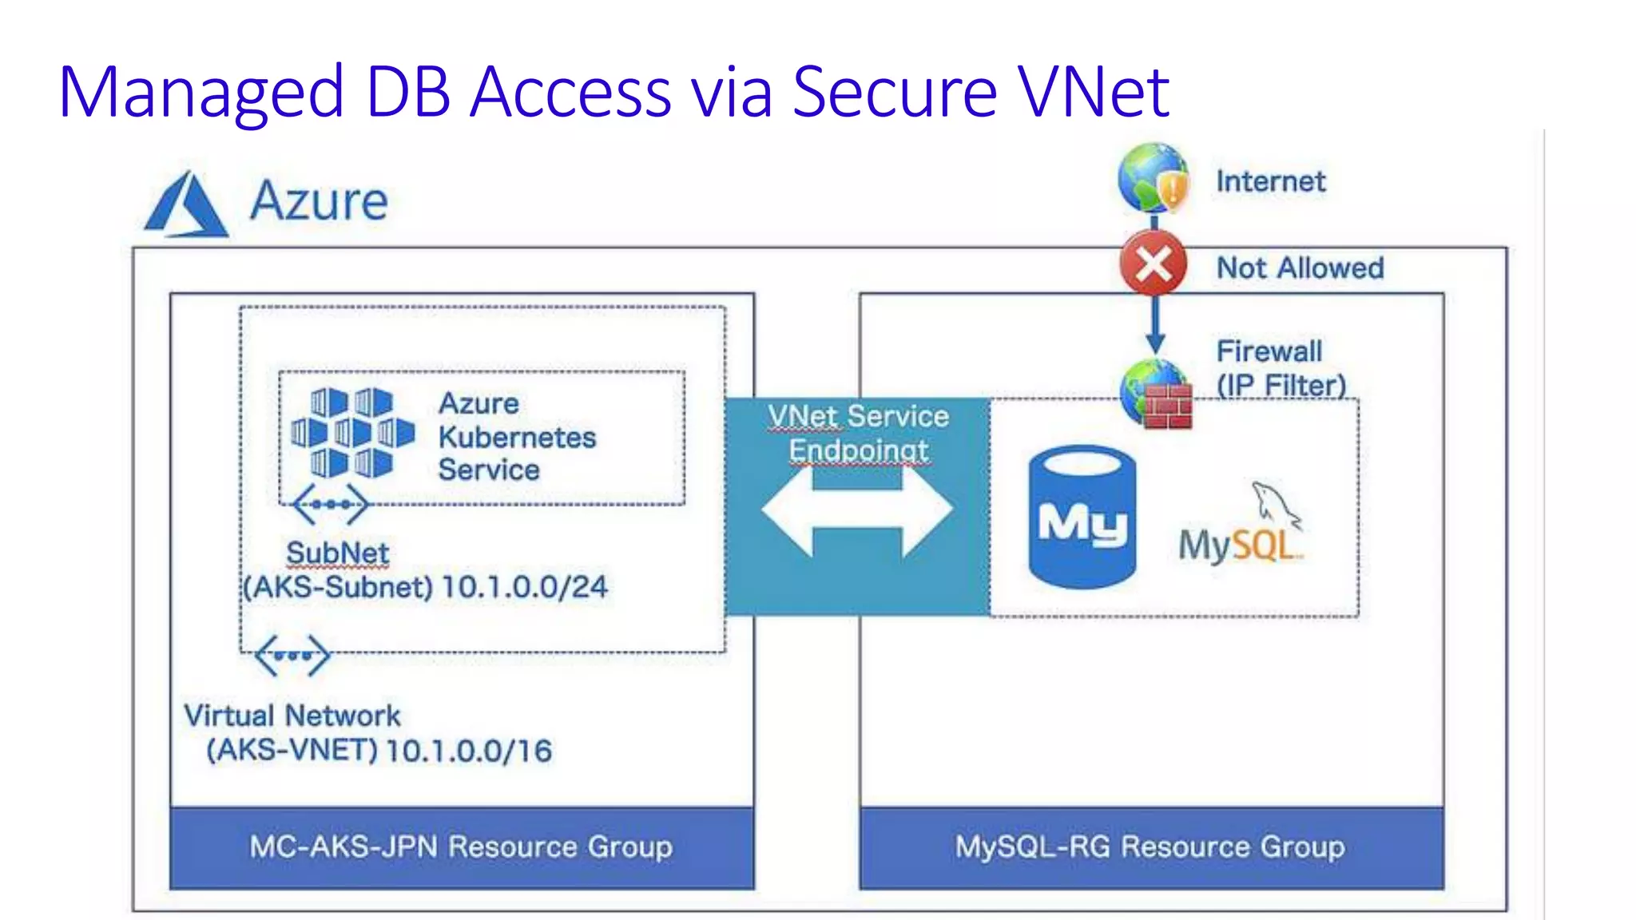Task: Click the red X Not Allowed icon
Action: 1153,264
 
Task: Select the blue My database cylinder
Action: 1082,517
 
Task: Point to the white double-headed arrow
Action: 857,511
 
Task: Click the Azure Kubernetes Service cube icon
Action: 352,433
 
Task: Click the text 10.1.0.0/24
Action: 524,587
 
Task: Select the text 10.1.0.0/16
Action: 469,751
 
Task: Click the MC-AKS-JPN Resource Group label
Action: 461,847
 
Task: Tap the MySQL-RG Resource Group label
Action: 1150,847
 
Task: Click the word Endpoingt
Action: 859,450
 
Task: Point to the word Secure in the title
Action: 895,92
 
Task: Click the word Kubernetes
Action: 517,437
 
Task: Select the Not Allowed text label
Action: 1300,268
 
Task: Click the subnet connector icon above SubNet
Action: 331,504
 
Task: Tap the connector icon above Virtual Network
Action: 292,656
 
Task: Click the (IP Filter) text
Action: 1281,385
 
